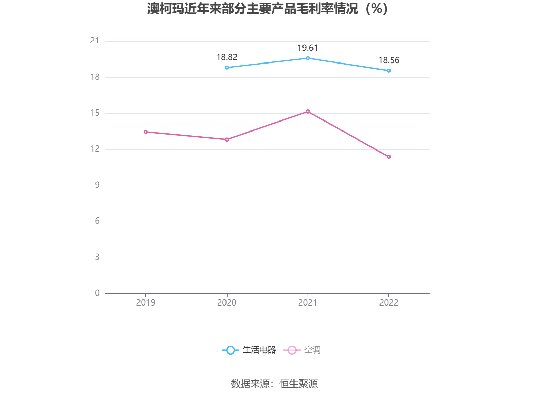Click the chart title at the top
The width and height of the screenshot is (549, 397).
[x=268, y=9]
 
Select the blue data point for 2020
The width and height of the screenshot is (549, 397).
[x=227, y=68]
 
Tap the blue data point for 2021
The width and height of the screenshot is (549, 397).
[x=308, y=58]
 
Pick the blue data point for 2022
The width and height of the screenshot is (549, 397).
[x=389, y=71]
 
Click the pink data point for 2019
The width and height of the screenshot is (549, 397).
[x=146, y=132]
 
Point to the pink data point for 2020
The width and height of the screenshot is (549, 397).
[x=227, y=139]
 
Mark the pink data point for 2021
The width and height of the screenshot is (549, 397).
[x=308, y=112]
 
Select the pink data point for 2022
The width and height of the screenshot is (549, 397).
[x=389, y=157]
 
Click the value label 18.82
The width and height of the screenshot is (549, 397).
[x=227, y=57]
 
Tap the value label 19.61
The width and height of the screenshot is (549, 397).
[x=308, y=48]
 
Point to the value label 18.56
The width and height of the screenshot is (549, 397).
[x=389, y=60]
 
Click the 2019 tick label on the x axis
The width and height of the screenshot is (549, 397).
[x=146, y=303]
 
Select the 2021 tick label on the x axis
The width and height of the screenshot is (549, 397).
[x=308, y=303]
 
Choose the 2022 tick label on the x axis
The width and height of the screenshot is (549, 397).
[x=389, y=303]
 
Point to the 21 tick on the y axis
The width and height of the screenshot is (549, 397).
[x=95, y=41]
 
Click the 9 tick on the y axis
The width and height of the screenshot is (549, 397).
[x=97, y=185]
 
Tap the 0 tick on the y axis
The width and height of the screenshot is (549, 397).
[x=97, y=293]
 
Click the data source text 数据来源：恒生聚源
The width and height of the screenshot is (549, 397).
[x=274, y=384]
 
